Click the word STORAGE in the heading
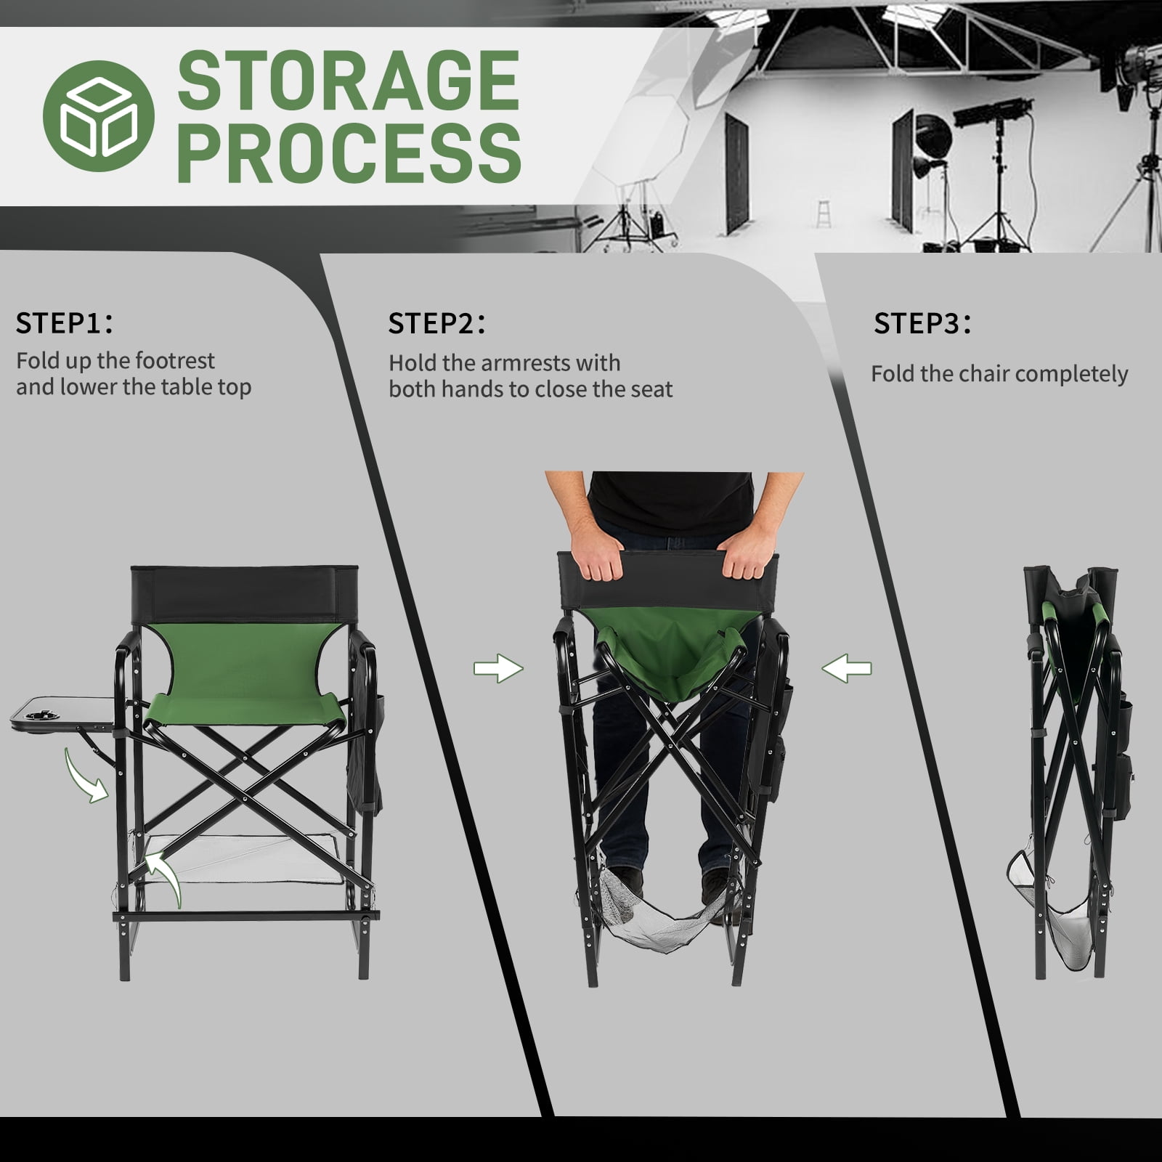[349, 81]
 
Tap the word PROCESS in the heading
[349, 152]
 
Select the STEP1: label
[65, 323]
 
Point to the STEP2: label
[436, 323]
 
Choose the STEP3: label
[922, 323]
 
